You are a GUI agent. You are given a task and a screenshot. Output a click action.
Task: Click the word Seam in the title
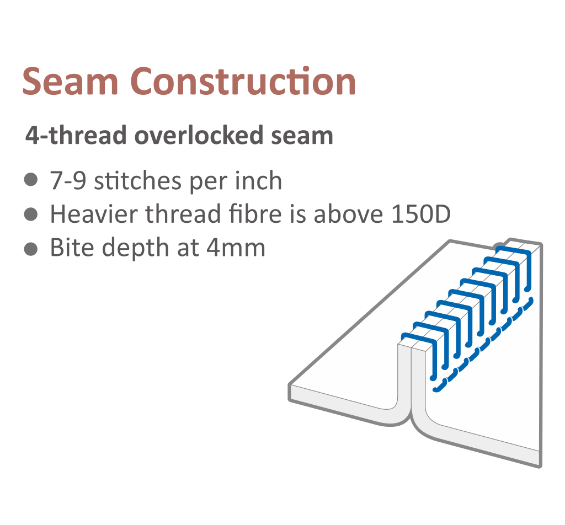(x=70, y=82)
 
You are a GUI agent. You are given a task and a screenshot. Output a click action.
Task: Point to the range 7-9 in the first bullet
(x=68, y=181)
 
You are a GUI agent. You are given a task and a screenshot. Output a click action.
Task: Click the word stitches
(x=137, y=180)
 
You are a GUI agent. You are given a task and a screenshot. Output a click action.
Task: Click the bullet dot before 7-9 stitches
(x=31, y=180)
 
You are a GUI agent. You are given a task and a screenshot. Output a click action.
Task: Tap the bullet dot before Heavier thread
(x=31, y=214)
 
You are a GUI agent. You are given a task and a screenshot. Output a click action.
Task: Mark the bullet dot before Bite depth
(x=31, y=248)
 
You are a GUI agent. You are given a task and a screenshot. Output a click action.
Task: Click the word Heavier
(x=94, y=214)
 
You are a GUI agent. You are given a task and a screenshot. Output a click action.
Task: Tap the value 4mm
(x=236, y=248)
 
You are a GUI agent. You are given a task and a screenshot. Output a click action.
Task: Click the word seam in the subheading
(x=302, y=136)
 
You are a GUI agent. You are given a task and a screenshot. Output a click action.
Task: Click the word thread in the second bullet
(x=183, y=214)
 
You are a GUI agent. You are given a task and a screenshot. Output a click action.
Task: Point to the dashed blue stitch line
(x=483, y=345)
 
